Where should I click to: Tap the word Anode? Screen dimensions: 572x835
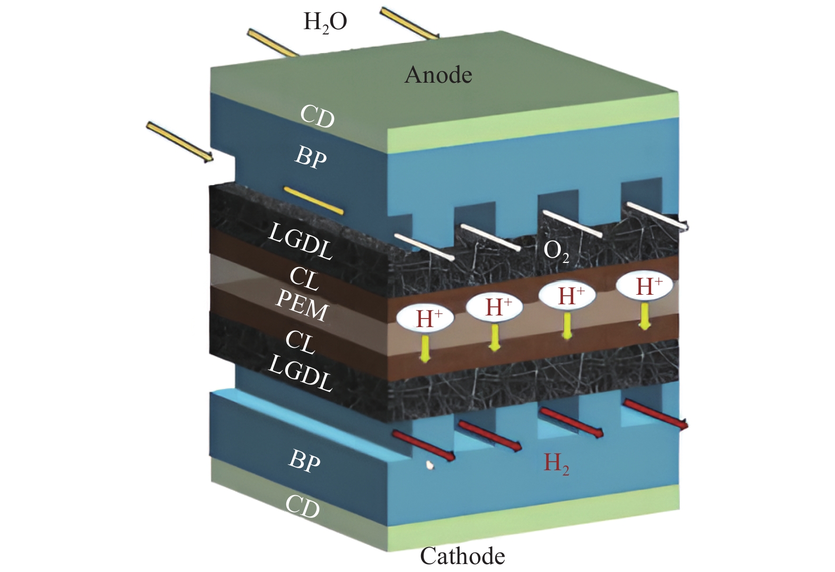[438, 75]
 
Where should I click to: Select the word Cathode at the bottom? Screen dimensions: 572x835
[462, 556]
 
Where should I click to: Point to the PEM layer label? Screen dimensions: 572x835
[302, 305]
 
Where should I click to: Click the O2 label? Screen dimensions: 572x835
[556, 251]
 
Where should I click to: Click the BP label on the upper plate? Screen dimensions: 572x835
[311, 157]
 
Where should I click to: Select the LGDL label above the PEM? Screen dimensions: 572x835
[301, 241]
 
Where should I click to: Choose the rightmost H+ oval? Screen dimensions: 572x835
[645, 286]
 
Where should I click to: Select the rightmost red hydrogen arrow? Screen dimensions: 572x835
[655, 414]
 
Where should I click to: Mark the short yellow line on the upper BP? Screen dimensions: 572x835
[313, 200]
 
